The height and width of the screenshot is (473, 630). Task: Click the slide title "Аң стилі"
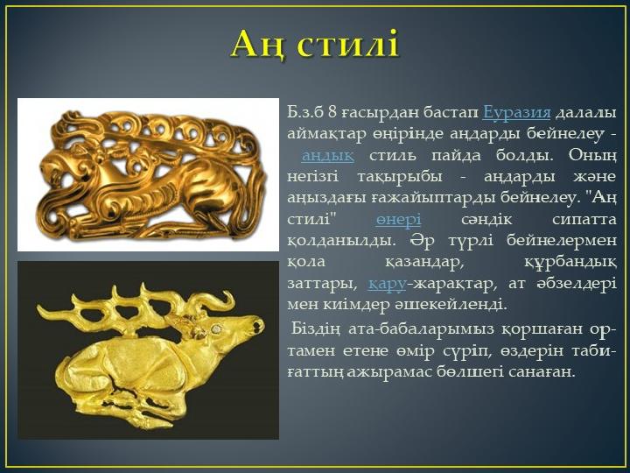coord(315,45)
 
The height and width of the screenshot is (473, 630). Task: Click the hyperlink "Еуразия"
coord(516,112)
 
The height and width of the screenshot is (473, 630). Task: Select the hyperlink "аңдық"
coord(327,155)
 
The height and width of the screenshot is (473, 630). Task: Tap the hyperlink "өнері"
coord(398,219)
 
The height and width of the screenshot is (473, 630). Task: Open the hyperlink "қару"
coord(387,284)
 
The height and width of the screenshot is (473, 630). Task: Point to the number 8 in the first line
coord(332,112)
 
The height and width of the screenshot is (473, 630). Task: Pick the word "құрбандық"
coord(570,262)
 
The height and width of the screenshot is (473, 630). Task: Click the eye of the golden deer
coord(217,328)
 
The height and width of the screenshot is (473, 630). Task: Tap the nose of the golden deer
coord(258,324)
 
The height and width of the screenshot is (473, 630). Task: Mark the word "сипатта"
coord(584,220)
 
